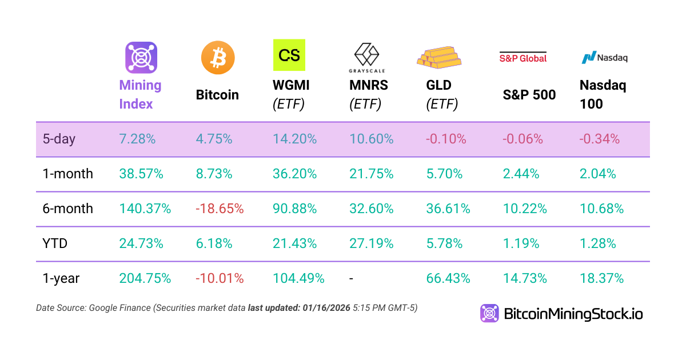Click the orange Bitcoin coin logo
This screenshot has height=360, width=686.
tap(218, 58)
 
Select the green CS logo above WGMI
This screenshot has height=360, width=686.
tap(289, 55)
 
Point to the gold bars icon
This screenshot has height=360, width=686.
tap(438, 55)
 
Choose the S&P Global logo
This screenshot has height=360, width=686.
tap(523, 57)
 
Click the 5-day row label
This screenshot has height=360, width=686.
tap(59, 139)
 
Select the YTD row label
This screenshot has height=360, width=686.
tap(55, 243)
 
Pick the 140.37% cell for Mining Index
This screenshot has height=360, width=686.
tap(145, 209)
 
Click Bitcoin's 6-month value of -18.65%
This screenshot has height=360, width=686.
tap(220, 209)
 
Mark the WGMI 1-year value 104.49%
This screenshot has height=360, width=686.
tap(298, 278)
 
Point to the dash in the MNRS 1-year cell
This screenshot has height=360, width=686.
tap(352, 278)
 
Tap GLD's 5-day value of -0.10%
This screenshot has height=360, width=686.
tap(446, 139)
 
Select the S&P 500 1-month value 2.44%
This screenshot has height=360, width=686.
tap(521, 174)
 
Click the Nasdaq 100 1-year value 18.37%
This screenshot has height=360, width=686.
tap(601, 278)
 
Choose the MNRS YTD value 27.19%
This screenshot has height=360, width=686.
tap(371, 243)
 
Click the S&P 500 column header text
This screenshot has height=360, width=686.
tap(529, 95)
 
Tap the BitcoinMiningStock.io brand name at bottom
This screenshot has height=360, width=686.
tap(573, 313)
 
